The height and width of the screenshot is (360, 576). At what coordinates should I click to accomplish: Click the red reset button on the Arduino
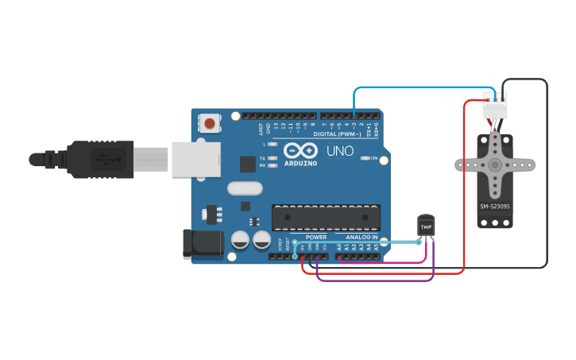point(210,123)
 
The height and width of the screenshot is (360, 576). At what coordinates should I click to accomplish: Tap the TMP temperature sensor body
point(427,226)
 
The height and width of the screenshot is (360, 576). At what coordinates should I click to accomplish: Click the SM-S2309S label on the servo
point(495,207)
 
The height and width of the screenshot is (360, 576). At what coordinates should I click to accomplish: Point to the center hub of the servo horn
point(495,165)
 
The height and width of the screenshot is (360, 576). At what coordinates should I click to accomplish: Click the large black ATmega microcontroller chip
point(326,218)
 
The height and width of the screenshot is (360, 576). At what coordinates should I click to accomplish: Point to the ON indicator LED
point(365,158)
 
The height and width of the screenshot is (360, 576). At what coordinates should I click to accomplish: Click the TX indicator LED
point(273,158)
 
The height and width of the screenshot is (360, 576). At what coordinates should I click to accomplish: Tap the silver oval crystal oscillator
point(244,188)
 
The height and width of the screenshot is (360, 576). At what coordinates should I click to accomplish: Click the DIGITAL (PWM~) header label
point(336,134)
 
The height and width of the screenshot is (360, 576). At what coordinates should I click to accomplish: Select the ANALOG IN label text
point(361,238)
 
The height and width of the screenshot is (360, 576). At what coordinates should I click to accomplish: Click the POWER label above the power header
point(316,238)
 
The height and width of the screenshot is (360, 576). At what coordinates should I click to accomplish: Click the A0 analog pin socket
point(339,256)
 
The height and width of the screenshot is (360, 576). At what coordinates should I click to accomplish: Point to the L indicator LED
point(273,145)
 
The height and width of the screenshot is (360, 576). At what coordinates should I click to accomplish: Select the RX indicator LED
point(273,165)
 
